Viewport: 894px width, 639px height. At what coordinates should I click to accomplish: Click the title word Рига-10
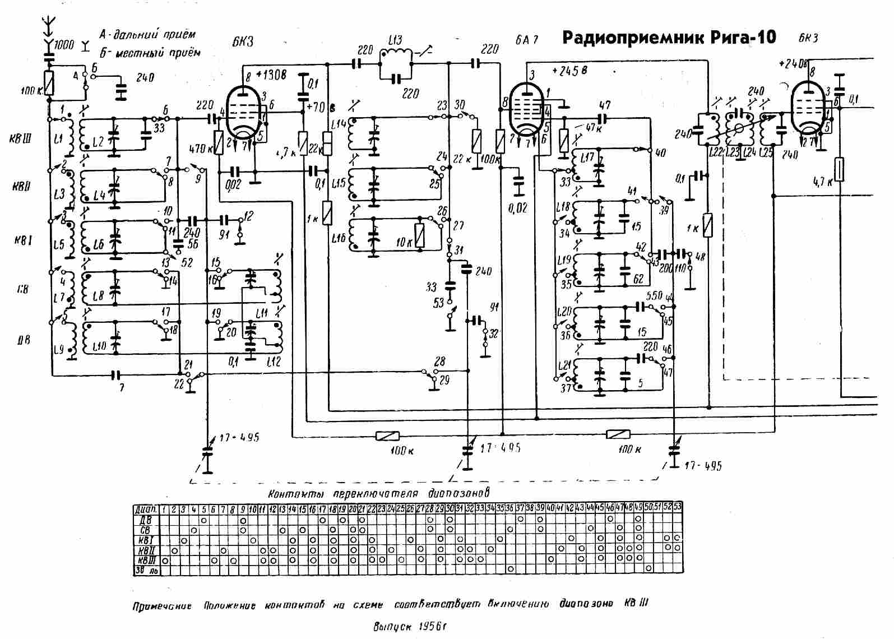[x=745, y=38]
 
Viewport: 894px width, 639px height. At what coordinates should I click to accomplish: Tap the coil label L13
[x=395, y=40]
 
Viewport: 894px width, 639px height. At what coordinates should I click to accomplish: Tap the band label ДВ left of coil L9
[x=23, y=340]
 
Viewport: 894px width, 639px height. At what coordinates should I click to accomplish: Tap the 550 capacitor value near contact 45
[x=655, y=296]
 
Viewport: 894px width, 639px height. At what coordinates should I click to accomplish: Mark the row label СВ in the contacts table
[x=145, y=530]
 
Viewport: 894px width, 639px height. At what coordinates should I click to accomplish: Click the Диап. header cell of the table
[x=145, y=510]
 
